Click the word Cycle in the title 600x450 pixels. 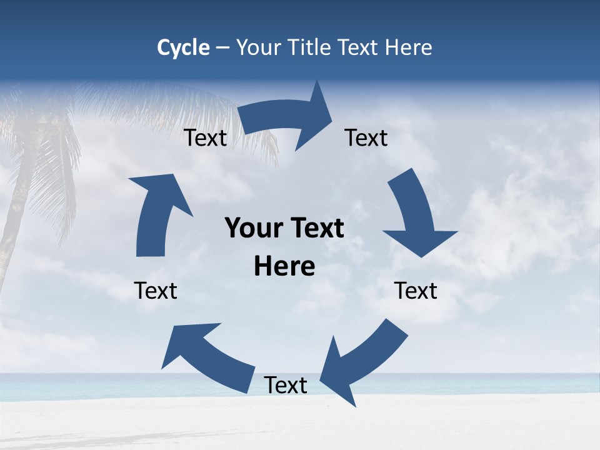[x=183, y=47]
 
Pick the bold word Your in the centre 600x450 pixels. [x=254, y=229]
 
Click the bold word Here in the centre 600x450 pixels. [x=284, y=267]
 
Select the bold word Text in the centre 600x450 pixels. [x=315, y=229]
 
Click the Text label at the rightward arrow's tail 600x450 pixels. [x=205, y=138]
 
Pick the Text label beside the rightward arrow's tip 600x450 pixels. [x=366, y=138]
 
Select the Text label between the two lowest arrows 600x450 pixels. [x=286, y=386]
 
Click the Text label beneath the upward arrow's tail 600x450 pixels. [x=156, y=291]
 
